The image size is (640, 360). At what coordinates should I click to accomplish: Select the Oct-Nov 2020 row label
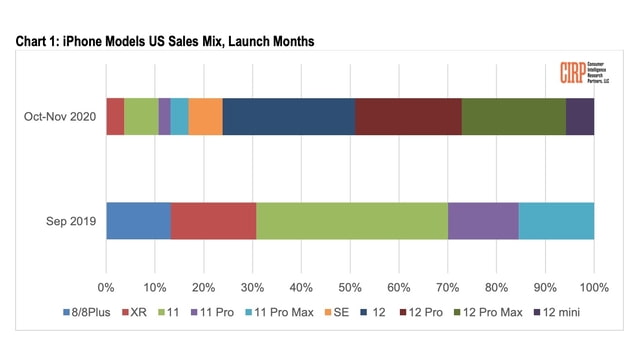(x=60, y=116)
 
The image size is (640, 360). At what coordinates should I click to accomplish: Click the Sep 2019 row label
(x=70, y=221)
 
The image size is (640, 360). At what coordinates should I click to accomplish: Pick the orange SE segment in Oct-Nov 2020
(x=205, y=116)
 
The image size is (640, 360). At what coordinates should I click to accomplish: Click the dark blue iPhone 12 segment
(x=288, y=116)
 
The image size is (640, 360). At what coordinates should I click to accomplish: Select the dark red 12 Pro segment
(x=408, y=116)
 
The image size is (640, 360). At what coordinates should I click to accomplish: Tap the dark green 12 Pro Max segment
(x=513, y=116)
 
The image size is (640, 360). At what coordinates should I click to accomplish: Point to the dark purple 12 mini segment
(x=580, y=116)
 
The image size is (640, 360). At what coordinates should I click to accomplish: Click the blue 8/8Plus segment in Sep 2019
(x=138, y=221)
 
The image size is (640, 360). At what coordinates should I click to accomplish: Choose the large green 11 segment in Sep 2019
(x=352, y=221)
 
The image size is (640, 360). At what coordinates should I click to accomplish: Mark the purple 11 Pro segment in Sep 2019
(x=483, y=221)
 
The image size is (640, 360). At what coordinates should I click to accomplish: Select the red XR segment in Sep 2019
(x=213, y=221)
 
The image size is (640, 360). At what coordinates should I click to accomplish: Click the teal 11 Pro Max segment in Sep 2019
(x=556, y=221)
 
